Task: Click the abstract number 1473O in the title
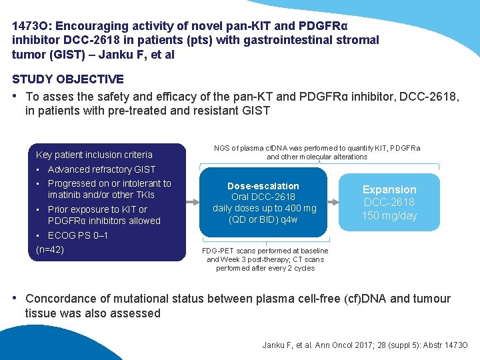coord(31,26)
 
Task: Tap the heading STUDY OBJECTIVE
coord(68,79)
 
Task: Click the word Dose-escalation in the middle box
coord(263,186)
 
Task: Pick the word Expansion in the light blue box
coord(389,189)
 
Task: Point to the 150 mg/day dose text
coord(389,215)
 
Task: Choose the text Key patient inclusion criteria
coord(94,155)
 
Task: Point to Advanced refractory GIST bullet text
coord(101,169)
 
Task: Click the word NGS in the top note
coord(222,148)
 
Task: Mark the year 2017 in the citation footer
coord(350,345)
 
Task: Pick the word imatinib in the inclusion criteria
coord(63,195)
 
